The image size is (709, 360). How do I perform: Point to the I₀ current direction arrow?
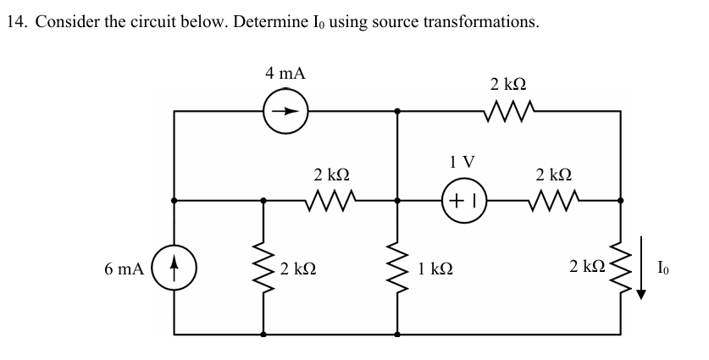(641, 269)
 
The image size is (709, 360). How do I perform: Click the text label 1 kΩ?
(435, 269)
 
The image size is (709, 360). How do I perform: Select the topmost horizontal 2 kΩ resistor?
(508, 109)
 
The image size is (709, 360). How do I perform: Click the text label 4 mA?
(285, 74)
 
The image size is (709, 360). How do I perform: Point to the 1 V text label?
(463, 160)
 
